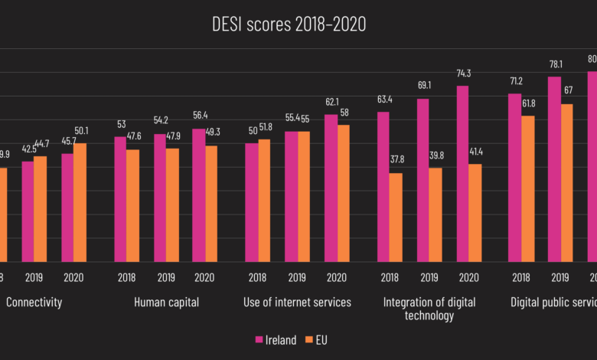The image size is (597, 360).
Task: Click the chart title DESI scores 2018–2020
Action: tap(289, 25)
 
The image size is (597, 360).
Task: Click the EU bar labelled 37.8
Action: tap(396, 218)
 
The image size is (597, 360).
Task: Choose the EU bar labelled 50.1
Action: tap(80, 203)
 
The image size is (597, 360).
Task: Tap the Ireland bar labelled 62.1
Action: tap(331, 188)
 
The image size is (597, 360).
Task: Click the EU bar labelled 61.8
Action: tap(527, 188)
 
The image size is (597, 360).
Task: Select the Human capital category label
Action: tap(166, 303)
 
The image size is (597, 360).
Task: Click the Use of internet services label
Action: tap(298, 303)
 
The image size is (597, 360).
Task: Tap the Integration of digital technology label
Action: tap(429, 309)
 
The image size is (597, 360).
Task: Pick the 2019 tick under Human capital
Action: tap(166, 277)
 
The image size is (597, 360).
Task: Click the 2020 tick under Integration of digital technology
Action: tap(468, 277)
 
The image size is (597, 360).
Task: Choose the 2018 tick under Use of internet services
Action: tap(257, 277)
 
